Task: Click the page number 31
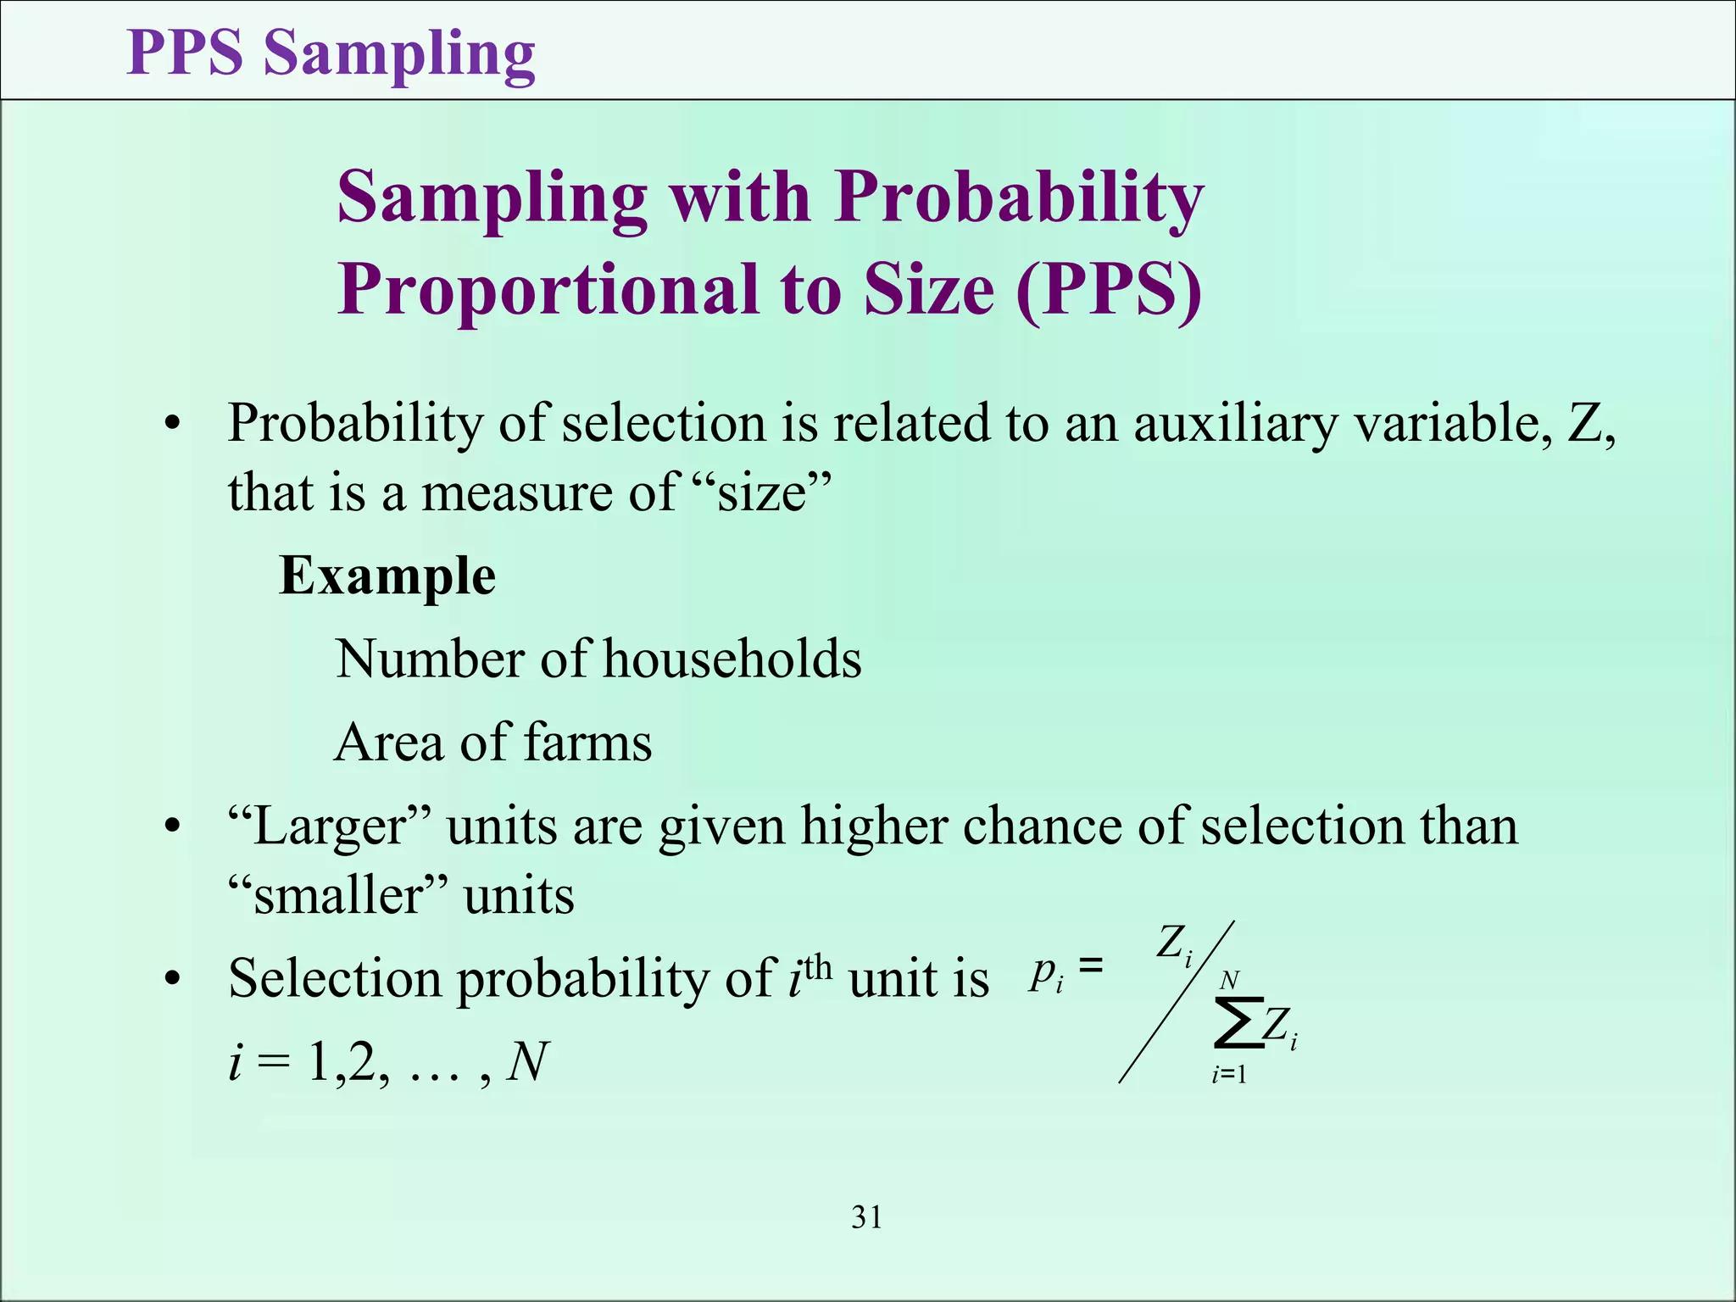pos(866,1217)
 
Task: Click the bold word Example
pos(387,576)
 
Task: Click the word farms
pos(587,743)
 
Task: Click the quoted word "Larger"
pos(330,826)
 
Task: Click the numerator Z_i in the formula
pos(1175,943)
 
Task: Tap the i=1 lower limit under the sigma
pos(1229,1076)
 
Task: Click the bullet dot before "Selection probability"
pos(173,981)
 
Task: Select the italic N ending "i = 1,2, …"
pos(526,1062)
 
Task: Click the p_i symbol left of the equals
pos(1046,974)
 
